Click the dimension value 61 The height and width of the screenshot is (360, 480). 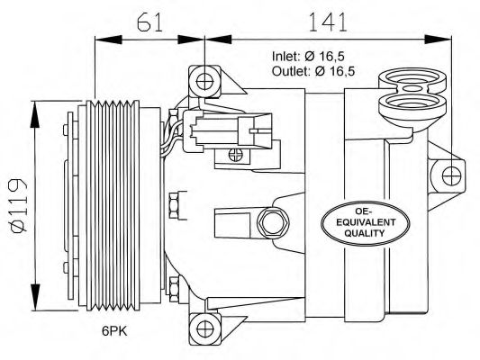(150, 22)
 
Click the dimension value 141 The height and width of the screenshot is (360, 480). (328, 22)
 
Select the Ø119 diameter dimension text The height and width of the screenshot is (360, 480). (19, 206)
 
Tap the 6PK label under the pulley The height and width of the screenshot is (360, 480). (114, 330)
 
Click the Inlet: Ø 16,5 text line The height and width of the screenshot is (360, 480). (308, 57)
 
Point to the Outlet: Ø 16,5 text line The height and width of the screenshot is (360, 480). (313, 71)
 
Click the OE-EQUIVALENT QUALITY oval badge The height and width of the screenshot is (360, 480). (365, 222)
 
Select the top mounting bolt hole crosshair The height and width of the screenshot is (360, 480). (204, 82)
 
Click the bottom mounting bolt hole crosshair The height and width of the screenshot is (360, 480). (205, 328)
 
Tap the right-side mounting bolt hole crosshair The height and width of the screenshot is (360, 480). (451, 176)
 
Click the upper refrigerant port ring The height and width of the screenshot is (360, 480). (412, 79)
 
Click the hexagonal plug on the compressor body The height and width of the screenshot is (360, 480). (273, 223)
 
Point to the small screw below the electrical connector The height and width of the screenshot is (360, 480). (236, 155)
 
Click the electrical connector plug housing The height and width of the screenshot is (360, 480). (227, 131)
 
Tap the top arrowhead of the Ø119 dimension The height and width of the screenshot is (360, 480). (35, 114)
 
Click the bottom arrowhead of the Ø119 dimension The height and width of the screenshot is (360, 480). (35, 297)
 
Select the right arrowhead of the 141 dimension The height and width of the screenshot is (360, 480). (438, 40)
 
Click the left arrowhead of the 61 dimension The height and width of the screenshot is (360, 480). (109, 40)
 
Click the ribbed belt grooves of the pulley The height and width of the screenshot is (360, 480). (113, 205)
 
